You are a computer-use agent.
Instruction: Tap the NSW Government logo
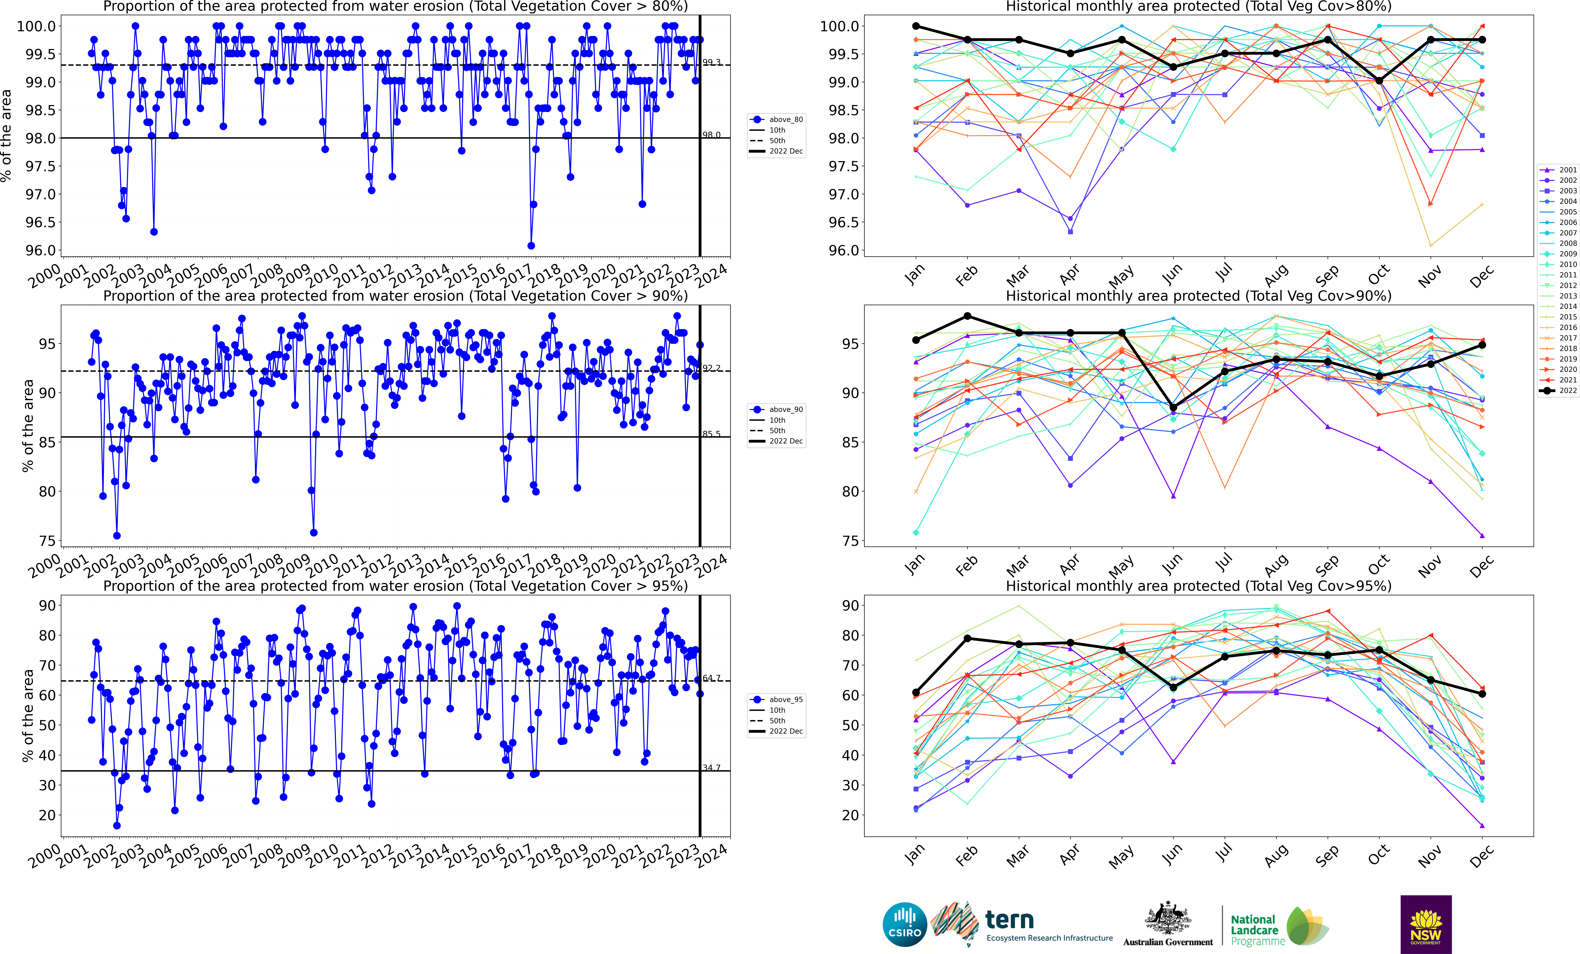[1425, 925]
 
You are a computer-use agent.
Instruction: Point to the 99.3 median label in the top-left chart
[711, 62]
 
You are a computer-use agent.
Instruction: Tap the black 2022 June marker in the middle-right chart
[1174, 407]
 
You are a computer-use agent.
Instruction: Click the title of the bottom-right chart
[1198, 586]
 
